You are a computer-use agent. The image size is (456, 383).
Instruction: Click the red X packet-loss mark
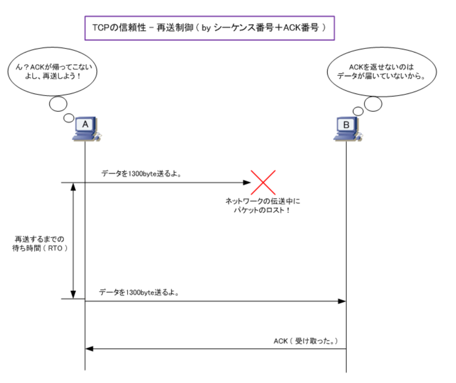tap(263, 182)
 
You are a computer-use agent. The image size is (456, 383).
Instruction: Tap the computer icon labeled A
tap(87, 129)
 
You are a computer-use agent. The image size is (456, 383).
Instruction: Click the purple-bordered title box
tap(209, 28)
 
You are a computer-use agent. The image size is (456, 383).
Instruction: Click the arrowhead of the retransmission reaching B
tap(342, 301)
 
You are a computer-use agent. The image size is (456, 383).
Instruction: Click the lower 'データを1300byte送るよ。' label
tap(139, 293)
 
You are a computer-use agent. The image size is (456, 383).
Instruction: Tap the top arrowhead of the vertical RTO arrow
tap(73, 186)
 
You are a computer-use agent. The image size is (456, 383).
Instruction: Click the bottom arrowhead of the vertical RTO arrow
tap(73, 295)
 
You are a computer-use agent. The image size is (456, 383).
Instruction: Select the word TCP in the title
tap(100, 28)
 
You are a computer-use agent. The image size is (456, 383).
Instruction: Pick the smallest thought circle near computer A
tap(69, 117)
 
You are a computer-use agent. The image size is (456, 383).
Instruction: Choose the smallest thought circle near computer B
tap(358, 111)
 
